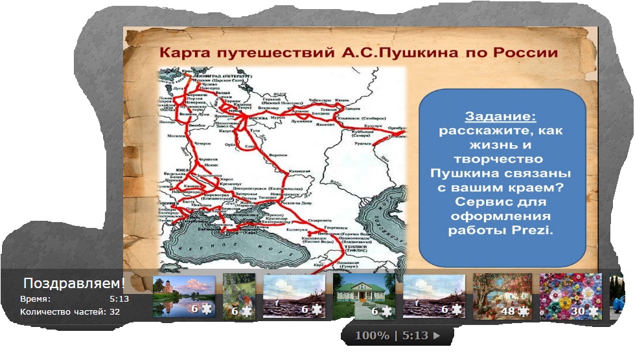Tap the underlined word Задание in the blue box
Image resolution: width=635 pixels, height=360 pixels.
[x=500, y=117]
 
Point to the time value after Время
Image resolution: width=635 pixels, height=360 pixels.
[x=119, y=299]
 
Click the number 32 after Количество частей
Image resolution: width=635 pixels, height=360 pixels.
[x=115, y=311]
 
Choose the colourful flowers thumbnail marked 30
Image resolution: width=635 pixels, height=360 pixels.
[x=570, y=295]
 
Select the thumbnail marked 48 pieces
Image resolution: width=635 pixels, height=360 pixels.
[x=502, y=295]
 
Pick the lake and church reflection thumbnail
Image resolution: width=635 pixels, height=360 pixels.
[x=183, y=295]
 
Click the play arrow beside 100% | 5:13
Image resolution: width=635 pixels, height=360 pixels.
[x=437, y=336]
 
